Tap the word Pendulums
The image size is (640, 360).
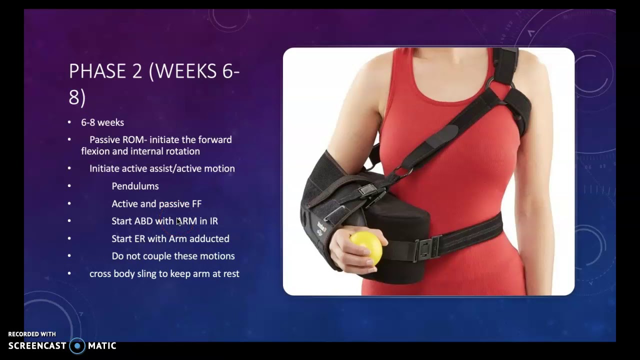tap(135, 186)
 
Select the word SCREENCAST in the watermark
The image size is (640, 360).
tap(37, 345)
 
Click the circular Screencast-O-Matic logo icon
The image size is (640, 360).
tap(77, 345)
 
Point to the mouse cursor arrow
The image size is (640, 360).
tap(179, 221)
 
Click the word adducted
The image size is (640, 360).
tap(209, 238)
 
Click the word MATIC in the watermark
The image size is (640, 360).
tap(102, 345)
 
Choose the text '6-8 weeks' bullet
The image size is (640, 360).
tap(102, 122)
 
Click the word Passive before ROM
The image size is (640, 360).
tap(104, 139)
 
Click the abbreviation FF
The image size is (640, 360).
tap(196, 203)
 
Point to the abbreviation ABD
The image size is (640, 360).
tap(143, 221)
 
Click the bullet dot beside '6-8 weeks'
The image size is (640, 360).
tap(69, 122)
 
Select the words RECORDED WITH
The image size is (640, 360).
tap(32, 334)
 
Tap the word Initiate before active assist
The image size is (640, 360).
tap(104, 168)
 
